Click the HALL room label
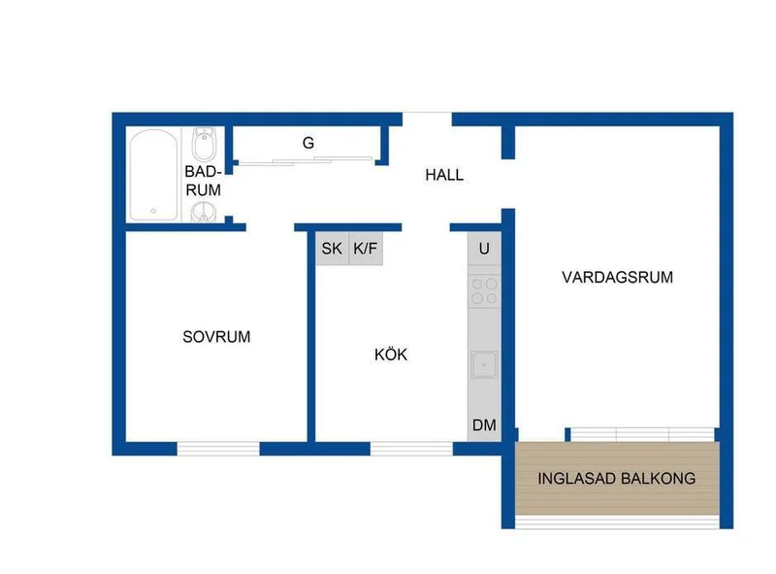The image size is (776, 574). point(444,175)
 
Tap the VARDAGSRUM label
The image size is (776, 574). point(617,277)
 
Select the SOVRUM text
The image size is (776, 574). point(216,337)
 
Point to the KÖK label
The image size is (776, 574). point(391,354)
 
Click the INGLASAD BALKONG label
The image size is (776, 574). point(617,478)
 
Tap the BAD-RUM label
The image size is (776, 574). point(203,181)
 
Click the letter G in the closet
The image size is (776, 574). point(308,143)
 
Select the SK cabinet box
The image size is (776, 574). point(332,249)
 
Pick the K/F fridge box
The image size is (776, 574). point(366,249)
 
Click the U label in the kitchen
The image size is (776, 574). point(484,249)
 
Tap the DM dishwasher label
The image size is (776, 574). point(484,424)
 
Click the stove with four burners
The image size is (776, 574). point(484,291)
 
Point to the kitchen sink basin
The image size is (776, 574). point(484,364)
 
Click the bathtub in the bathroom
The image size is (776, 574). point(153,175)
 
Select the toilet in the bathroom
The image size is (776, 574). point(204,144)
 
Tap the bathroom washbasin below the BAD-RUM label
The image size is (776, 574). point(204,212)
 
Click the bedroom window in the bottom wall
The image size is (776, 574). point(218,449)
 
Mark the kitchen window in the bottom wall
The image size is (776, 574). point(411,449)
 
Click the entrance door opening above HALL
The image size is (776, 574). point(427,119)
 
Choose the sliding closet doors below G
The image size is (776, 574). point(306,160)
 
